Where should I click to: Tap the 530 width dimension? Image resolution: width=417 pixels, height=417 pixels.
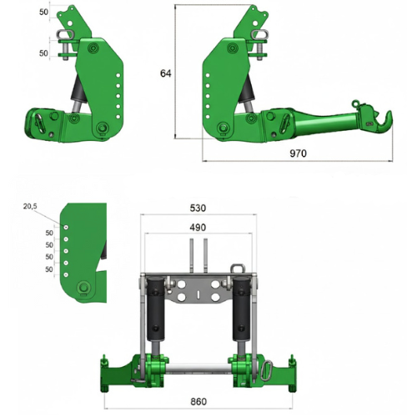pyautogui.click(x=198, y=208)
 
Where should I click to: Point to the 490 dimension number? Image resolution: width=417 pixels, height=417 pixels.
pyautogui.click(x=198, y=227)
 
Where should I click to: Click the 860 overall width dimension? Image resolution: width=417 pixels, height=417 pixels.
pyautogui.click(x=198, y=400)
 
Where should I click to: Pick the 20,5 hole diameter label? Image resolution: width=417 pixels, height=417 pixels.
pyautogui.click(x=31, y=206)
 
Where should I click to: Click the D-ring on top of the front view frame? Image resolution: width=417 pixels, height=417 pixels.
pyautogui.click(x=234, y=271)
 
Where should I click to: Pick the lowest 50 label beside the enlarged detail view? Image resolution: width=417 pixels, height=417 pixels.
pyautogui.click(x=48, y=269)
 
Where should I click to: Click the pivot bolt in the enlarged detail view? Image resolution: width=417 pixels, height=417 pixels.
pyautogui.click(x=83, y=288)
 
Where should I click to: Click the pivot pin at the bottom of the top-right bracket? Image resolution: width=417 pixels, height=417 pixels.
pyautogui.click(x=224, y=128)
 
